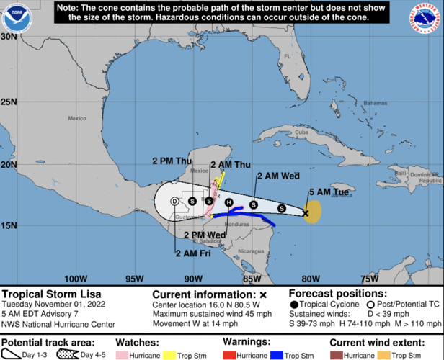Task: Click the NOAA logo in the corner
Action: click(x=14, y=18)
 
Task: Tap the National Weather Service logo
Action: click(x=427, y=18)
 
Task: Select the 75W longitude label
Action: click(x=369, y=278)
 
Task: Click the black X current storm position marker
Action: click(x=306, y=213)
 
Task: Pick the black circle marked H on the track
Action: click(x=228, y=202)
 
